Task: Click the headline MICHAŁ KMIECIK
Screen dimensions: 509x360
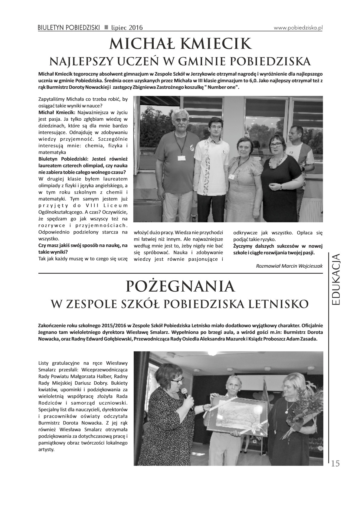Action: pyautogui.click(x=180, y=44)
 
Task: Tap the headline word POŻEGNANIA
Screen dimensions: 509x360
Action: pyautogui.click(x=180, y=286)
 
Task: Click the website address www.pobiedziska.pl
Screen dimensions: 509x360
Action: pyautogui.click(x=298, y=28)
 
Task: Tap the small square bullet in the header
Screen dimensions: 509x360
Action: pyautogui.click(x=106, y=28)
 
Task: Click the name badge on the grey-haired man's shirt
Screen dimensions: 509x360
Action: pyautogui.click(x=182, y=158)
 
